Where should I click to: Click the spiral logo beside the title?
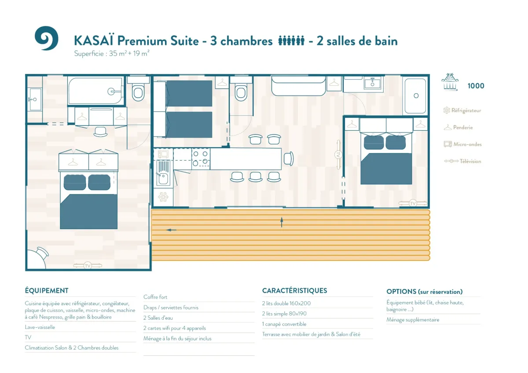(x=47, y=38)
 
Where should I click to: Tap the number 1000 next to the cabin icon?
(x=476, y=86)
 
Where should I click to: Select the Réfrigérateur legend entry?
(x=462, y=110)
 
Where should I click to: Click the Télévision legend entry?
(x=462, y=161)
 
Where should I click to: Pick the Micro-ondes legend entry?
(x=463, y=144)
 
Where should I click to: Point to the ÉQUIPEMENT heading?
(x=47, y=291)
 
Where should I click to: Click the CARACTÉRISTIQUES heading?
(x=295, y=291)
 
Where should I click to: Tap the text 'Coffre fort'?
(x=155, y=297)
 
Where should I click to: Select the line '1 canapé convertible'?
(x=284, y=324)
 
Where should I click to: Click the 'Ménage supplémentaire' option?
(x=413, y=320)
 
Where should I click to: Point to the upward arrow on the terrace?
(x=282, y=222)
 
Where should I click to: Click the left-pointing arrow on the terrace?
(x=171, y=230)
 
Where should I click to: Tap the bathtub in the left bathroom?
(x=95, y=91)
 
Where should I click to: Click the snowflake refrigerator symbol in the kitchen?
(x=163, y=197)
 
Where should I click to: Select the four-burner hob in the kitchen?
(x=201, y=158)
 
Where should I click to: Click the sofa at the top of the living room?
(x=298, y=86)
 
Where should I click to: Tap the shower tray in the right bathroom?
(x=415, y=96)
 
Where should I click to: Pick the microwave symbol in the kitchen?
(x=163, y=154)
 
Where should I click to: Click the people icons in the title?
(x=291, y=40)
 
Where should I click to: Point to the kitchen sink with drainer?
(x=163, y=173)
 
